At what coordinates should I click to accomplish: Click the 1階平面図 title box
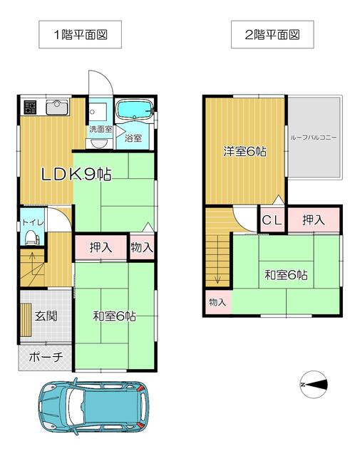[80, 34]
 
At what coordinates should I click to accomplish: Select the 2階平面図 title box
[272, 34]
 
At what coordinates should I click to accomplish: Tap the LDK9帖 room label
[76, 175]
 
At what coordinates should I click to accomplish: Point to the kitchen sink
[57, 108]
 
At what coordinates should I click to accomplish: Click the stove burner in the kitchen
[30, 107]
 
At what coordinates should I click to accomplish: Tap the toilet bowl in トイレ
[31, 237]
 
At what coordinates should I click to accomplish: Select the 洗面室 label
[101, 129]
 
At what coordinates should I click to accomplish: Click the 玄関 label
[46, 316]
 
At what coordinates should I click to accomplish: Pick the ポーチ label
[46, 357]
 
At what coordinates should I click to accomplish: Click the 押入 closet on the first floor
[101, 247]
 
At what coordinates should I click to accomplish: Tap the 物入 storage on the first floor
[142, 247]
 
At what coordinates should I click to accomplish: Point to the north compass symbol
[314, 385]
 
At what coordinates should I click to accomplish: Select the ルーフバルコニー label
[313, 138]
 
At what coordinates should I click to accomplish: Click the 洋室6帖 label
[245, 152]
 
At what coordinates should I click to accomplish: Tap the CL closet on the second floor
[272, 220]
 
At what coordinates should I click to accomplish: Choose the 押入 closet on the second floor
[314, 220]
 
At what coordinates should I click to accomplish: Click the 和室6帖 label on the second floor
[286, 275]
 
